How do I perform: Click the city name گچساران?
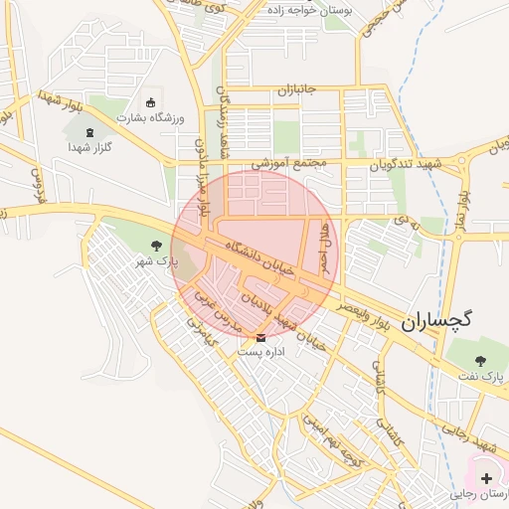438,321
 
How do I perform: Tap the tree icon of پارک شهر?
155,245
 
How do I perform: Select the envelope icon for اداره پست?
260,337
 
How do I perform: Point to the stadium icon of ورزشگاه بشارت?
151,102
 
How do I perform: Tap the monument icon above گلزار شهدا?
88,132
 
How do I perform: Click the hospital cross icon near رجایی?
485,479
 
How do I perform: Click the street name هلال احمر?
323,249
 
